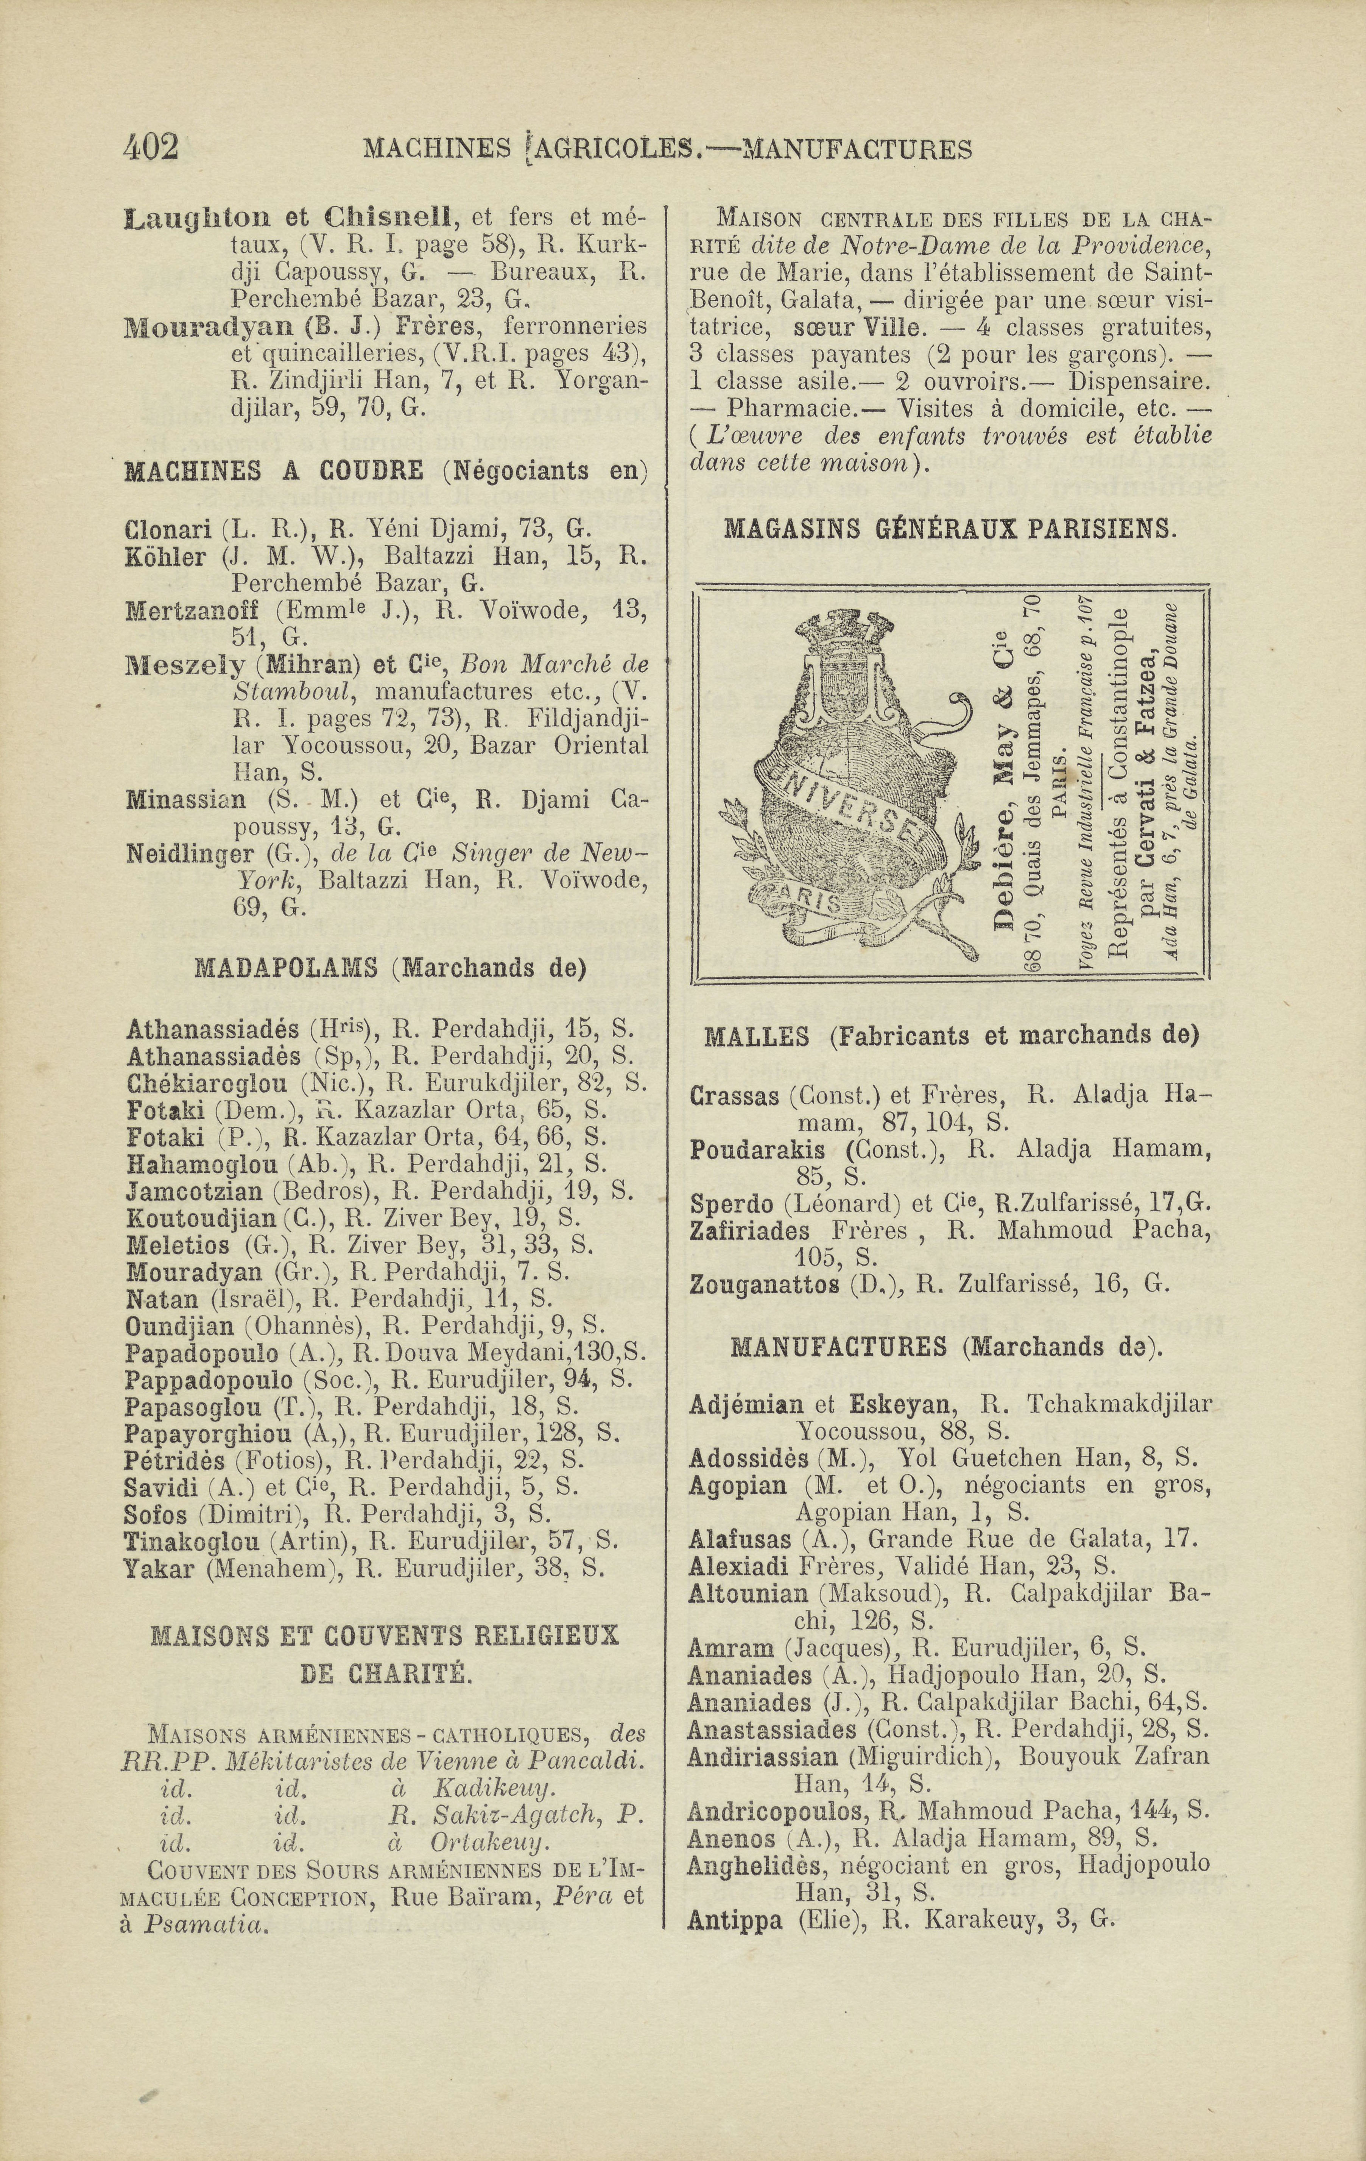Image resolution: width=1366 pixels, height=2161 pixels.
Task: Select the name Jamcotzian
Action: pyautogui.click(x=194, y=1192)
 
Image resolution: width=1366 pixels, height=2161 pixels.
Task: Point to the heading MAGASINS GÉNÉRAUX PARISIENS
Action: pyautogui.click(x=949, y=529)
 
